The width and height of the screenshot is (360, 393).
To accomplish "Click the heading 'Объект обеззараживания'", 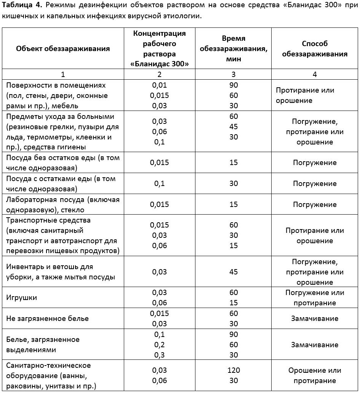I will tap(63, 48).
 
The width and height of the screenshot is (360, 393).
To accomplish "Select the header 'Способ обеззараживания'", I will tap(315, 49).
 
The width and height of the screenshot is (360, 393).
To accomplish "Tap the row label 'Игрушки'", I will tap(22, 298).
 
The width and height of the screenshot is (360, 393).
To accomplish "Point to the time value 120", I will tap(234, 370).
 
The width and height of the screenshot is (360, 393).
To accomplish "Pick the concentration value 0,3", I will tap(159, 355).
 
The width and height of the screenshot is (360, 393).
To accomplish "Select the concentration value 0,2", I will tap(159, 345).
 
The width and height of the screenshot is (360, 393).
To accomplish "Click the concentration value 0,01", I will tap(159, 85).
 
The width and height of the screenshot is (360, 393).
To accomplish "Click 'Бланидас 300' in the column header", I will tap(160, 64).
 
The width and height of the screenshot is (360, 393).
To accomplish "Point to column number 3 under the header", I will tap(234, 74).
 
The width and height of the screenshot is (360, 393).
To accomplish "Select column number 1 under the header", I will tap(63, 74).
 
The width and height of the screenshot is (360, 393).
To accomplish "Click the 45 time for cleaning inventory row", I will tap(234, 272).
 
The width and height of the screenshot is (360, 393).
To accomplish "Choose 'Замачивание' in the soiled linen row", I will tap(315, 345).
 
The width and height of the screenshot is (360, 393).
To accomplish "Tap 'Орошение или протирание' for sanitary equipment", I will tap(315, 375).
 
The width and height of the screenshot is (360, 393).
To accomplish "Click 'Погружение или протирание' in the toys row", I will tap(315, 298).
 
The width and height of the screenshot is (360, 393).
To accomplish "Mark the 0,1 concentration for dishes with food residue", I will tap(159, 183).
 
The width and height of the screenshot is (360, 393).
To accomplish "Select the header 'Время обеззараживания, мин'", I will tap(234, 49).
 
